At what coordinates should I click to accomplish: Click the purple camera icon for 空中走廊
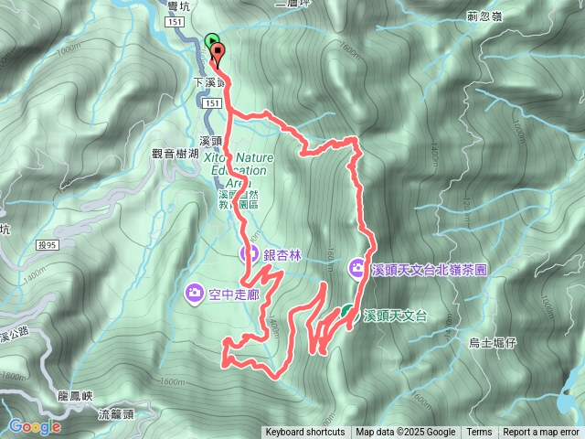coord(194,292)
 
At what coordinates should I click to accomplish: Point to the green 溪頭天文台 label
coord(395,316)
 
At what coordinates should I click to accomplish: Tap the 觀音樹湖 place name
coord(175,155)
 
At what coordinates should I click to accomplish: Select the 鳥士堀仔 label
coord(493,342)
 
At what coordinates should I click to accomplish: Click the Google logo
coord(35,426)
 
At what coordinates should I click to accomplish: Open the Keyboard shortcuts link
coord(304,433)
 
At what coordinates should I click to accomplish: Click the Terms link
coord(478,433)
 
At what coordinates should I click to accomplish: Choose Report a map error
coord(542,433)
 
